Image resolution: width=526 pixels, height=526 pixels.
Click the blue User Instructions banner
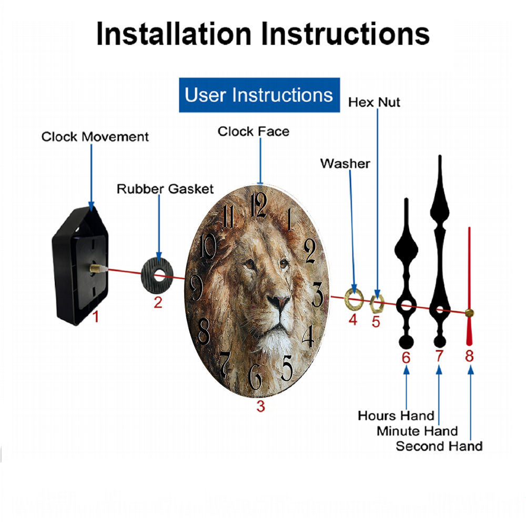[259, 95]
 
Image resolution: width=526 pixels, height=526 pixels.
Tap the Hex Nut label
[374, 103]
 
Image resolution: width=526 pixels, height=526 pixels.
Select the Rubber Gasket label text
[165, 189]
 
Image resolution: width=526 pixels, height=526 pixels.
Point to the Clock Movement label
[95, 137]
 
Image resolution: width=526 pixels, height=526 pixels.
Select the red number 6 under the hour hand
[406, 358]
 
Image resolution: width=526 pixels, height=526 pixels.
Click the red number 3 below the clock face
[261, 406]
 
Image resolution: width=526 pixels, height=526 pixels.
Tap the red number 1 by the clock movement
[96, 317]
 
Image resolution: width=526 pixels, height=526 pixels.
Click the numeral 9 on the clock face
[196, 288]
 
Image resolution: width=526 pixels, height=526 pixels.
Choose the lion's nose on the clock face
[278, 301]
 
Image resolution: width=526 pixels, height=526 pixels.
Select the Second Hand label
[439, 446]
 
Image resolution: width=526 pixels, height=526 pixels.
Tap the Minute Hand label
[417, 431]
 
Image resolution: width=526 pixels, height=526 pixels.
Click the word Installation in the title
[174, 34]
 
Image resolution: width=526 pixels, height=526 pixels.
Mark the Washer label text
[345, 164]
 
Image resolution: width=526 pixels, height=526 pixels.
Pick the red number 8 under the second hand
[469, 356]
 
